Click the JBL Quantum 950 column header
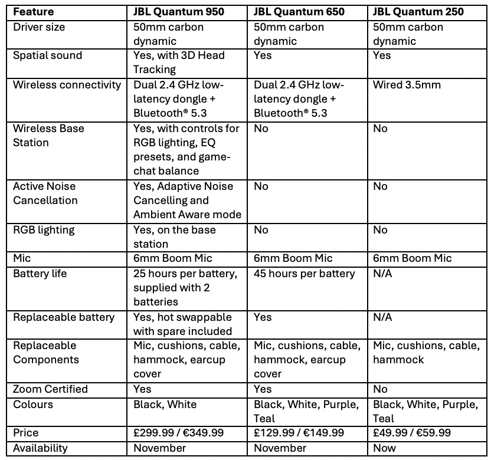[x=179, y=12]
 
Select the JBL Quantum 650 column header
[x=299, y=12]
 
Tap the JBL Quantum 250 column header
[x=418, y=12]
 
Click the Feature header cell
[x=33, y=12]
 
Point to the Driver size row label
[x=40, y=27]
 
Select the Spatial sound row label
[x=48, y=55]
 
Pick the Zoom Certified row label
[x=50, y=389]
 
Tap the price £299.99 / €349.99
[x=179, y=433]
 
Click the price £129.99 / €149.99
[x=299, y=433]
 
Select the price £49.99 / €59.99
[x=412, y=433]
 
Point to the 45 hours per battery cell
[x=305, y=274]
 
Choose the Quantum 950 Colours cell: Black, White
[x=165, y=405]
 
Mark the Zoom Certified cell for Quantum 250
[x=381, y=389]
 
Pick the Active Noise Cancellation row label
[x=45, y=193]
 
